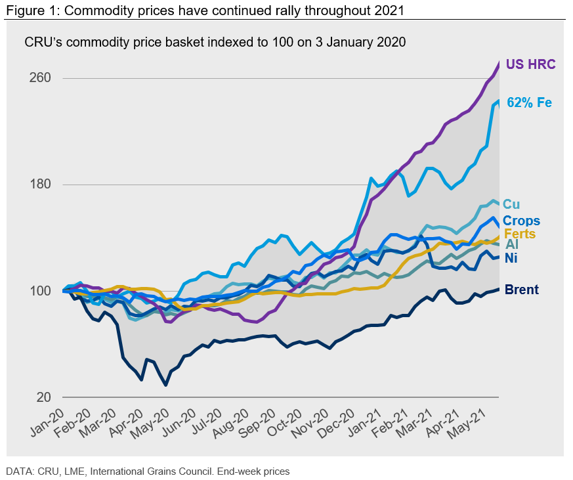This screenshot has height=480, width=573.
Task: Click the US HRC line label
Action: click(x=531, y=64)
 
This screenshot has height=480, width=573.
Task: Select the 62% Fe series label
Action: click(x=529, y=102)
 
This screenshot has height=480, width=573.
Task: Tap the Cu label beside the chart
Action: click(x=511, y=205)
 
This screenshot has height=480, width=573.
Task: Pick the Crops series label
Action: click(x=522, y=221)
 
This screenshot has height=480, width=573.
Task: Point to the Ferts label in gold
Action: click(x=520, y=233)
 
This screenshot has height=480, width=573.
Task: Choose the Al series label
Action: click(x=512, y=244)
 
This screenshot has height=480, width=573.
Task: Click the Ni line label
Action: click(x=511, y=258)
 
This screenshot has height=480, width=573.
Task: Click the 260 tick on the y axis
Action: click(x=39, y=78)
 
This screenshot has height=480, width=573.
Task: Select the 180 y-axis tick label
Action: click(x=39, y=185)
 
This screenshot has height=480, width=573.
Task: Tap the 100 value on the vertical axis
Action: click(x=39, y=291)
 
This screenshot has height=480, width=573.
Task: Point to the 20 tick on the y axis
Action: click(x=43, y=397)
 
